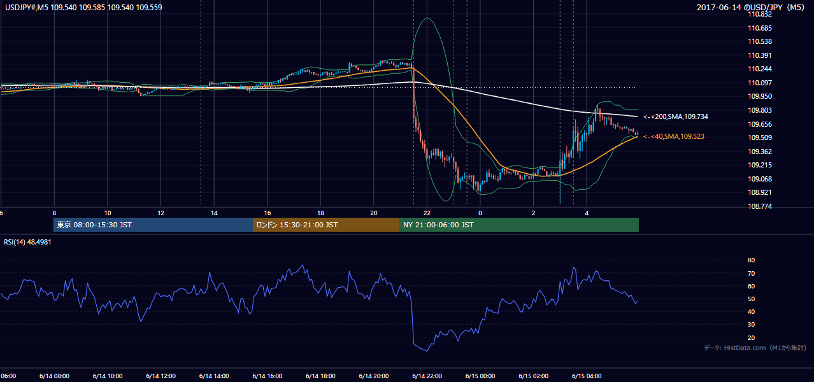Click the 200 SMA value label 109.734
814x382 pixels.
[676, 117]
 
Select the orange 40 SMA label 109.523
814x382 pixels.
[674, 136]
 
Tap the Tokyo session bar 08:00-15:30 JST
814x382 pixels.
[153, 225]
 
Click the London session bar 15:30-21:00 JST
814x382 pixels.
[326, 225]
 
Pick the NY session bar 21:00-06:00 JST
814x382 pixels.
[519, 225]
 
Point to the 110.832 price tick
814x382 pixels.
[760, 15]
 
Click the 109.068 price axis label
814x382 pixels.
[760, 179]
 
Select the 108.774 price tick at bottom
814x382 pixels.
[760, 206]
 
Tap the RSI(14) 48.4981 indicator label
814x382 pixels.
[27, 242]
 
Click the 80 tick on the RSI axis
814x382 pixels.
[751, 260]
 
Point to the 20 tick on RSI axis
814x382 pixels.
[751, 337]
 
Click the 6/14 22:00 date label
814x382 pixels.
[427, 376]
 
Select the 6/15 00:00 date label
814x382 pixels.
[480, 376]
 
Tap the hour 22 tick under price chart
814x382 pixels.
[427, 213]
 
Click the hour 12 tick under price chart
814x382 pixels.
[161, 213]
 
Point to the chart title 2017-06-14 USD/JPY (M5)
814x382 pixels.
[750, 8]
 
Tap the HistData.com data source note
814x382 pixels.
[755, 348]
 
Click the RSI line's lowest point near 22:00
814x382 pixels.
[427, 351]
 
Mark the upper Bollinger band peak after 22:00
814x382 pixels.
[428, 18]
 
